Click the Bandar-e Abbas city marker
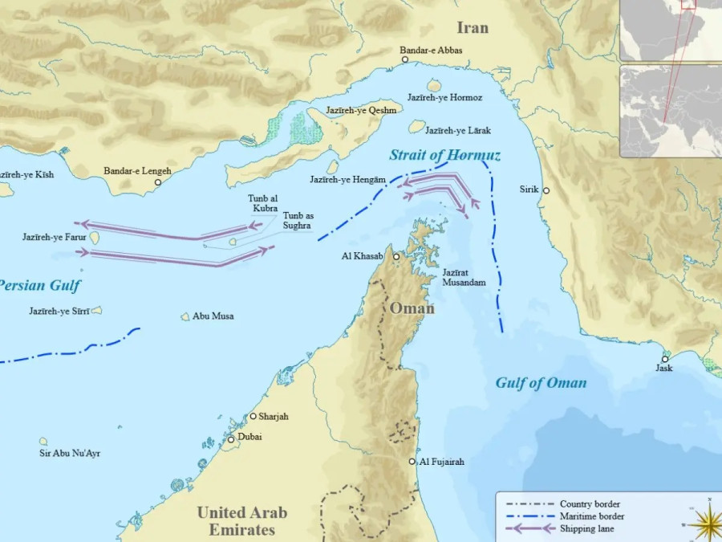point(405,59)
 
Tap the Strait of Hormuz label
point(444,155)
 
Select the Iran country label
point(472,28)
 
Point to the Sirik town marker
point(546,191)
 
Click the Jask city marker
point(664,359)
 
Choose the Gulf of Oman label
point(540,383)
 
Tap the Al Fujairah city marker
point(412,462)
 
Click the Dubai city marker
point(231,439)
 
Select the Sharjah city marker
point(253,416)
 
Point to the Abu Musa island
point(185,316)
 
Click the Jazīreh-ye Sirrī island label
point(60,311)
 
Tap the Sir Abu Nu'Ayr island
point(43,441)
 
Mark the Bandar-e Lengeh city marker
point(158,182)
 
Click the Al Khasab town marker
point(396,256)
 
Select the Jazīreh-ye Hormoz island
point(434,85)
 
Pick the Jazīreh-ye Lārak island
point(416,126)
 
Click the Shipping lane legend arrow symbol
point(526,528)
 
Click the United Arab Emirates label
point(241,521)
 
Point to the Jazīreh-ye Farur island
point(95,238)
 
